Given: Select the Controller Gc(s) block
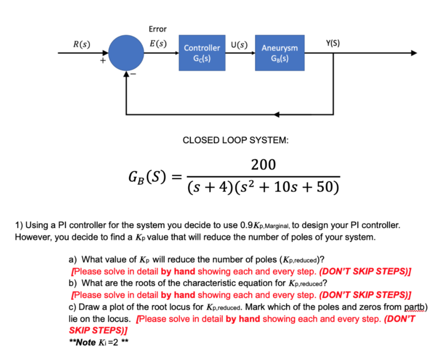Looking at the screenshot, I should point(202,53).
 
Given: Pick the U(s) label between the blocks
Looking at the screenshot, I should point(239,44).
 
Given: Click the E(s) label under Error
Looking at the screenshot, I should point(158,43).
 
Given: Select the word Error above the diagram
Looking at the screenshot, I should point(158,29).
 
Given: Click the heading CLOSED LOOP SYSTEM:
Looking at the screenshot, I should point(235,140).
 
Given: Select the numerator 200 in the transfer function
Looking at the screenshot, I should point(263,165).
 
